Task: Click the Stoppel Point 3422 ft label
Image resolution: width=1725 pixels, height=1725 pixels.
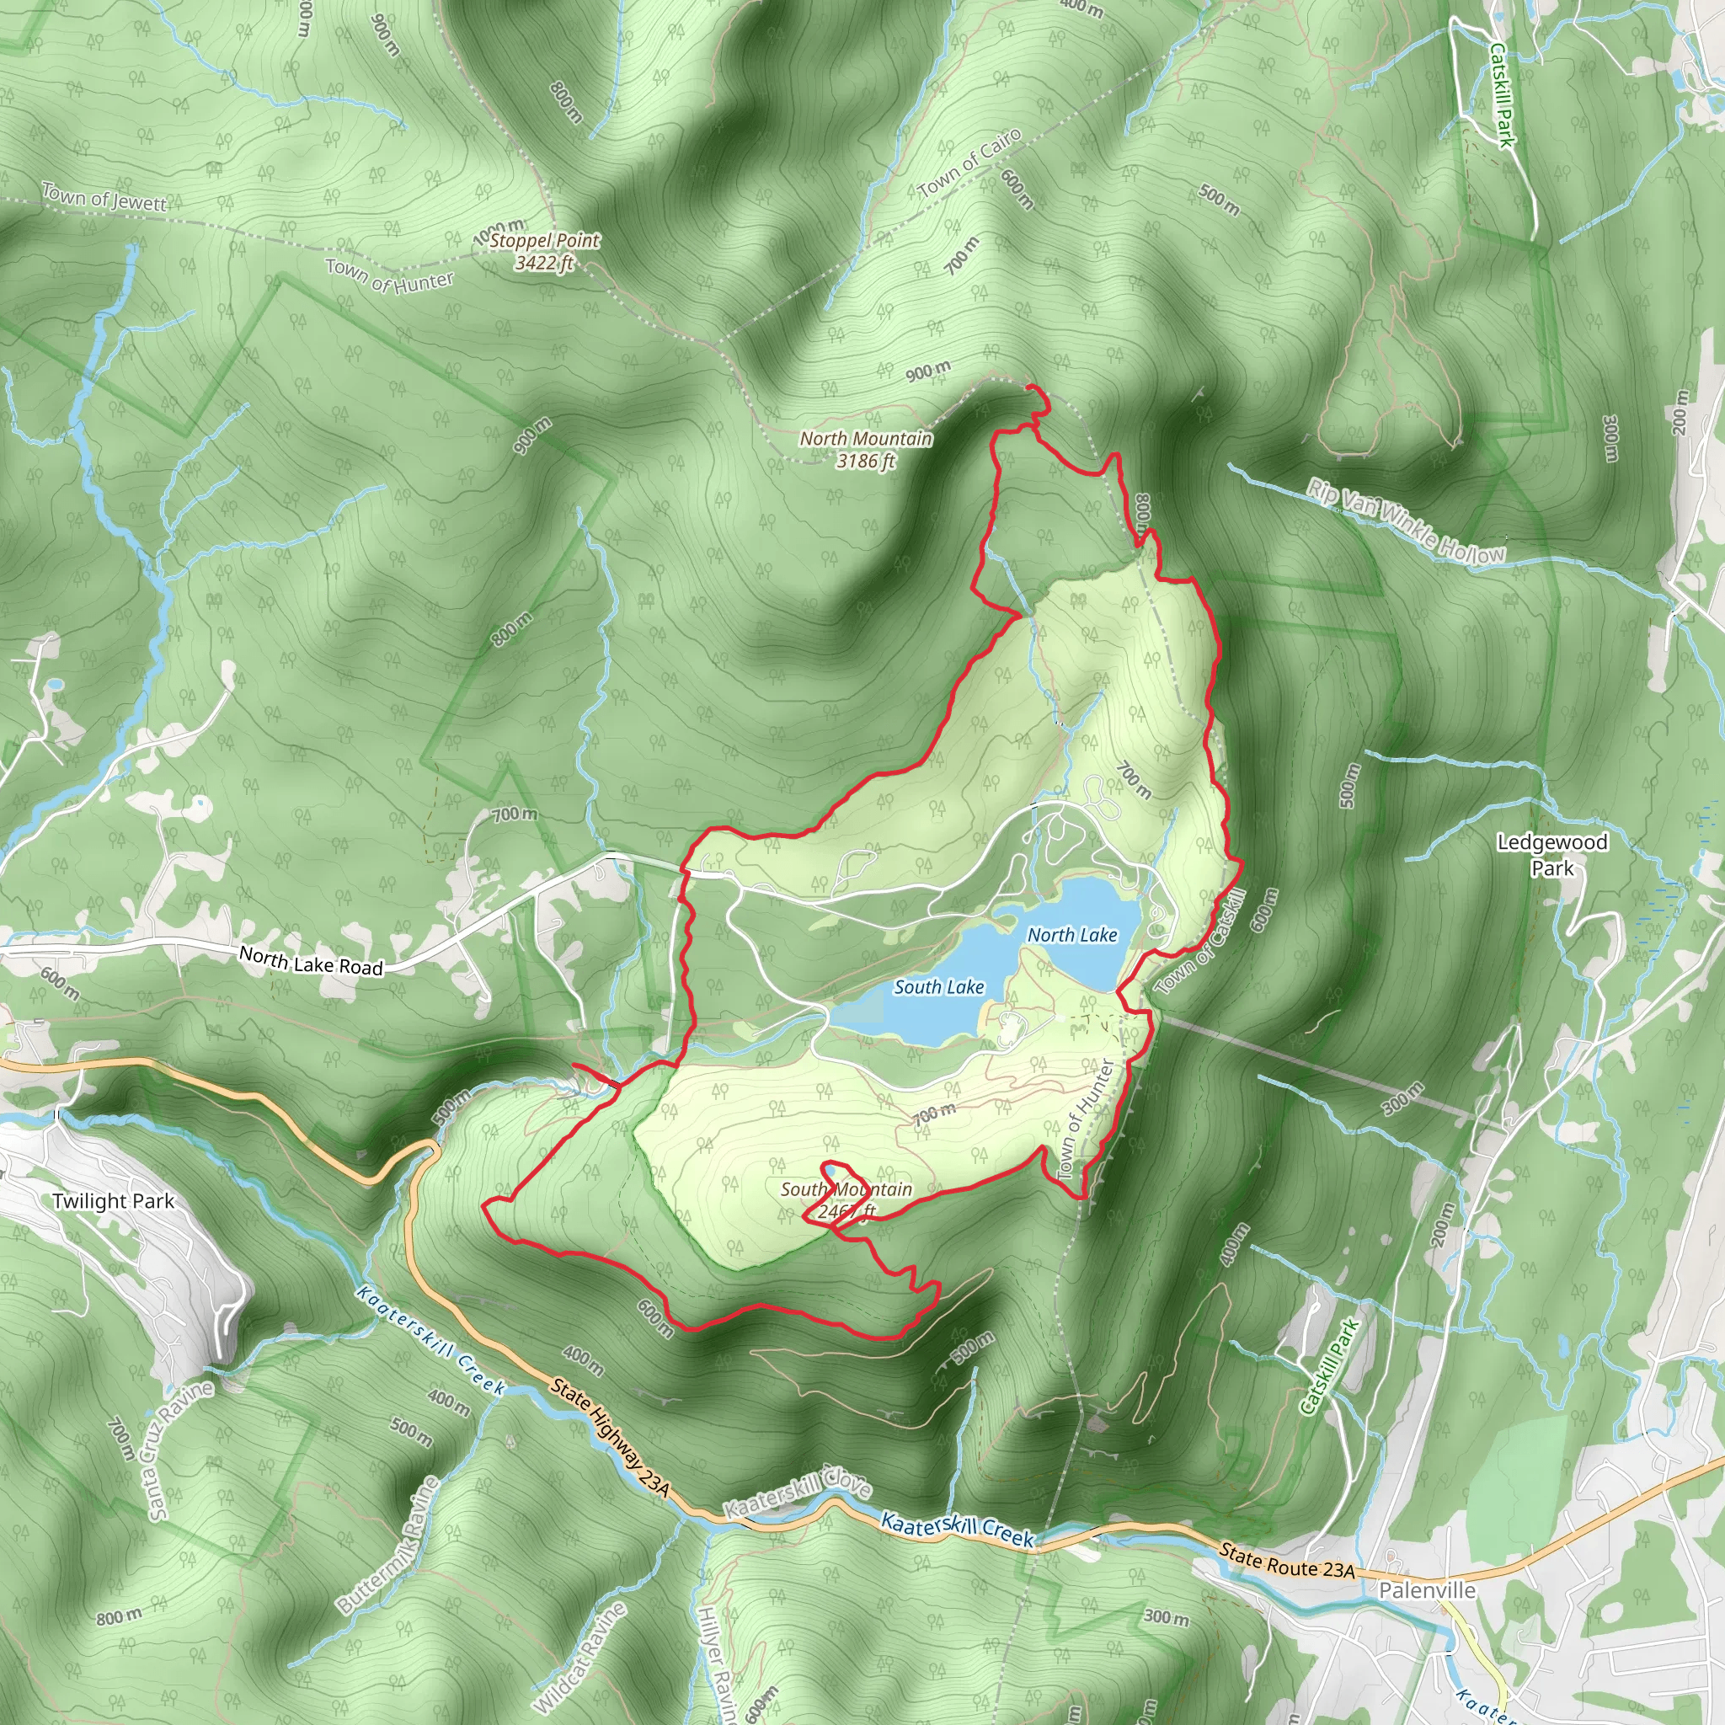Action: [544, 251]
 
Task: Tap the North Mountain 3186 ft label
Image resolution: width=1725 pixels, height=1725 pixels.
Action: [865, 449]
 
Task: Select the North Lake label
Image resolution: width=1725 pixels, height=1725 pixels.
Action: [1071, 935]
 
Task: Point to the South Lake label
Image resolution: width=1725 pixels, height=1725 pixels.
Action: [938, 986]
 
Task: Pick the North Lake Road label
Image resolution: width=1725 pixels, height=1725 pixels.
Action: [311, 961]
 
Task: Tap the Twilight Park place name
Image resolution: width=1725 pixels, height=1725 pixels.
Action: [113, 1201]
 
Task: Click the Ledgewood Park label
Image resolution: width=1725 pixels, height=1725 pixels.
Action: [1551, 854]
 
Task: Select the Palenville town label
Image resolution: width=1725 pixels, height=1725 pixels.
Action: [1427, 1590]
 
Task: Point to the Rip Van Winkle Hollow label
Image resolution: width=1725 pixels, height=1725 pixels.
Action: [1407, 521]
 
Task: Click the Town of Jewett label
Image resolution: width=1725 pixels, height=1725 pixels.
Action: [104, 197]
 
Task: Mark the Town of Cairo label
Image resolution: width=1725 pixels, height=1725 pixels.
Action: [969, 163]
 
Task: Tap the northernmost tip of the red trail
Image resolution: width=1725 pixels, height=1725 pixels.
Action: [1030, 386]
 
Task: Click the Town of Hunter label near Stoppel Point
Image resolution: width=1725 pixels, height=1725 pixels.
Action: [389, 276]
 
